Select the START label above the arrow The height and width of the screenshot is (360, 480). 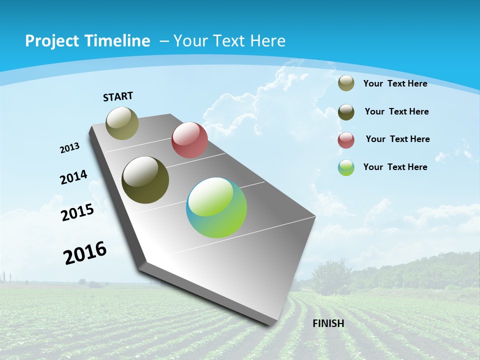pos(118,96)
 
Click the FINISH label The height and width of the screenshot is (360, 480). pos(328,323)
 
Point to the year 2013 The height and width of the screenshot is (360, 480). pos(70,148)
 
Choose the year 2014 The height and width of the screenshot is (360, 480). pos(73,177)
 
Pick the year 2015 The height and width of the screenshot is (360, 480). pos(77,212)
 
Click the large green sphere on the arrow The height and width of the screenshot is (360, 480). pos(216,207)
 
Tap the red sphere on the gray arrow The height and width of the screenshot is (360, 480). pos(189,140)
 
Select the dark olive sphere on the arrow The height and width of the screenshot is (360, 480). pos(145,180)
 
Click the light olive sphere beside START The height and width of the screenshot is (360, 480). pos(122,123)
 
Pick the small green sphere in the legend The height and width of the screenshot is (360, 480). pos(346,167)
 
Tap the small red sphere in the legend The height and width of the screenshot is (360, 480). pos(346,140)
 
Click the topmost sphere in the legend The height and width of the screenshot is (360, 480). pos(346,83)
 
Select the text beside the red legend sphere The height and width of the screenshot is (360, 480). pos(397,139)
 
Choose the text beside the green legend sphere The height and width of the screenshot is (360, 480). pos(395,167)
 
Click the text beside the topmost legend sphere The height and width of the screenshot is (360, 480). pos(395,83)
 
